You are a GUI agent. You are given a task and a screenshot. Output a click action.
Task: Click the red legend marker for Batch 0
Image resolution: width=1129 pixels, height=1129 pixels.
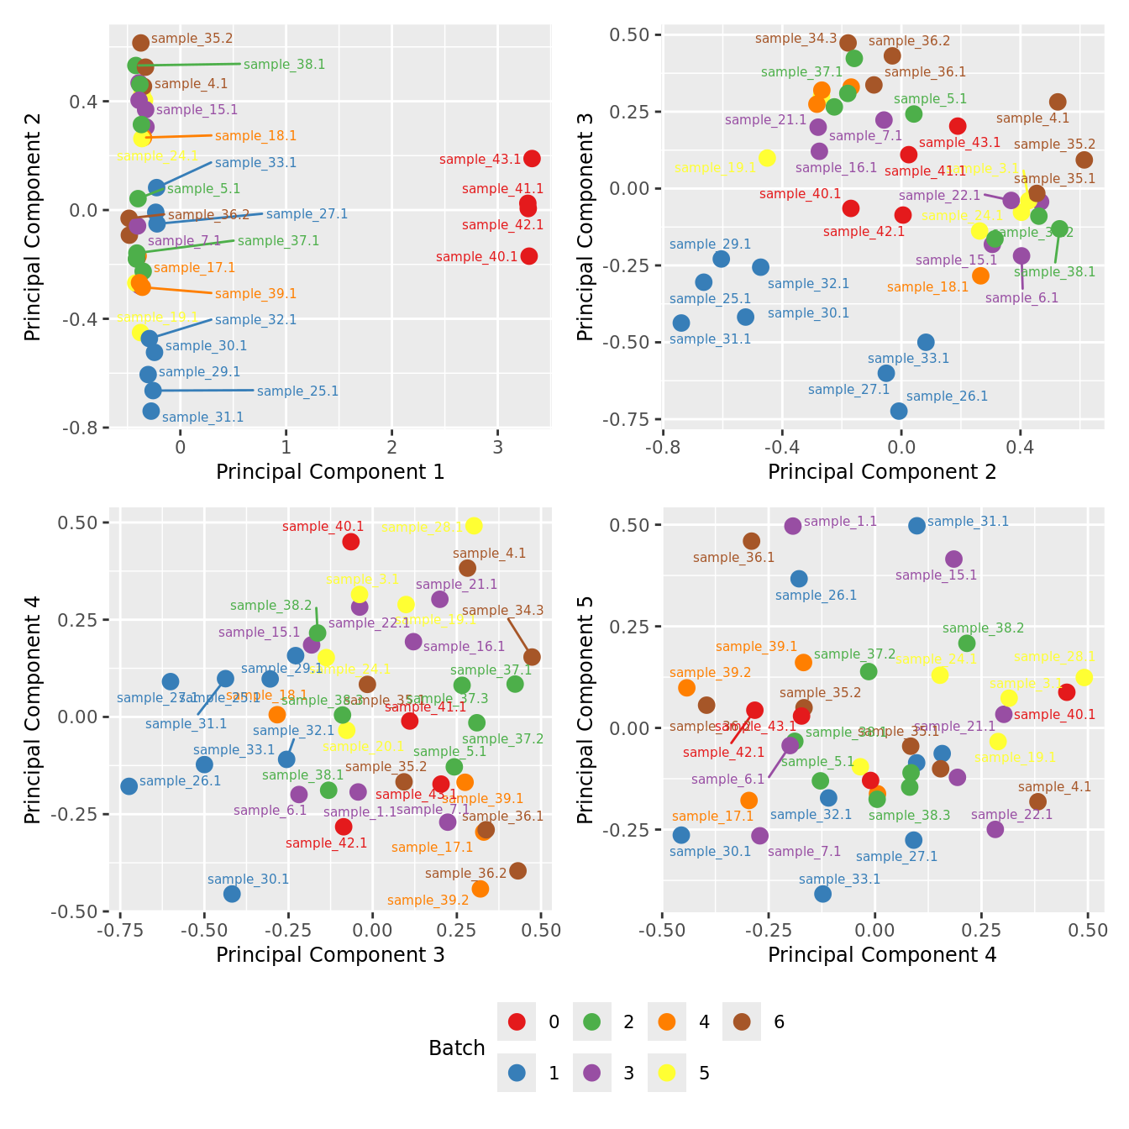[x=517, y=1021]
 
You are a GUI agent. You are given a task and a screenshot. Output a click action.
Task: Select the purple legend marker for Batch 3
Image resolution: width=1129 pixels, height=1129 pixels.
[x=592, y=1073]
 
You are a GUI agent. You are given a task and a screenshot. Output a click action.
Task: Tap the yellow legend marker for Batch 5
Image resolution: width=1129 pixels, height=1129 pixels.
[x=667, y=1073]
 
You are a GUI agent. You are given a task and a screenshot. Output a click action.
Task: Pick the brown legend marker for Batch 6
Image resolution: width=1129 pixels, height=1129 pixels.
[x=742, y=1021]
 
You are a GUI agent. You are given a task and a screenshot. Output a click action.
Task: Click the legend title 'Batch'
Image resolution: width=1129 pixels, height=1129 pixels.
[x=457, y=1048]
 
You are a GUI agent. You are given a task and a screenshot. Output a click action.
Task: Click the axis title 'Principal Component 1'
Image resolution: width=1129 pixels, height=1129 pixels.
[x=330, y=472]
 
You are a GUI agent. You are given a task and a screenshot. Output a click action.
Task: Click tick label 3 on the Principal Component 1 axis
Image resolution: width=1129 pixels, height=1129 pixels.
[x=498, y=446]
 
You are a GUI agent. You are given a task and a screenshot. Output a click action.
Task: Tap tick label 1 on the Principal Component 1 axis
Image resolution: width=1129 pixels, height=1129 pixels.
[x=286, y=446]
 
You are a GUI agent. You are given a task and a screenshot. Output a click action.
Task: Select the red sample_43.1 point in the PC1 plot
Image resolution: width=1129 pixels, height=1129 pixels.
[x=532, y=159]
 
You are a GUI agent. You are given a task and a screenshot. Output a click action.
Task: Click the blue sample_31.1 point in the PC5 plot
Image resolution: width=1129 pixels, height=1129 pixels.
[x=916, y=525]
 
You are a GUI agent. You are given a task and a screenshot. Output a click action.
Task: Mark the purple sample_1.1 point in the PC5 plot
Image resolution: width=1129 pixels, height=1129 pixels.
[x=793, y=526]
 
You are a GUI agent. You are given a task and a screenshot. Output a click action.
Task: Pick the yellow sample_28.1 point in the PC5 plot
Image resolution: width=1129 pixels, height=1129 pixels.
[x=1084, y=677]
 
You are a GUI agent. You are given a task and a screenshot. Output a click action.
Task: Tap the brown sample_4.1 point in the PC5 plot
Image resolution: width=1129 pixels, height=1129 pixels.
[x=1038, y=801]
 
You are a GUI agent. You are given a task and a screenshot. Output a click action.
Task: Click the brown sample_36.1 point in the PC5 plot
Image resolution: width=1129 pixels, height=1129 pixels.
[x=752, y=541]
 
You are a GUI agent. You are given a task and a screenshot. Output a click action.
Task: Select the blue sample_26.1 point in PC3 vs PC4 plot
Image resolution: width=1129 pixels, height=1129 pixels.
[x=129, y=786]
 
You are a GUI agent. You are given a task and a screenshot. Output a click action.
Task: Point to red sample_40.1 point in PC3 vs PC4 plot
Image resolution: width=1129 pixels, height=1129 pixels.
[x=351, y=542]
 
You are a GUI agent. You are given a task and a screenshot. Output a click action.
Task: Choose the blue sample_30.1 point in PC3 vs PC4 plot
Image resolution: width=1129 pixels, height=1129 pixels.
[x=232, y=894]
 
